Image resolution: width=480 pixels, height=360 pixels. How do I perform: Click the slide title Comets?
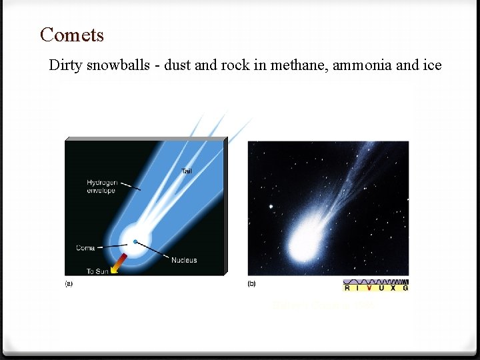pos(72,35)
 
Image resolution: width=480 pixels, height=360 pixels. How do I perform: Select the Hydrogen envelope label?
pos(101,186)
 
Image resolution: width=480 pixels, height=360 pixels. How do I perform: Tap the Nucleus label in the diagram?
pos(183,260)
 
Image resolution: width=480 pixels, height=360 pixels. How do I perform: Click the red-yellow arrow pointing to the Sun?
pos(118,263)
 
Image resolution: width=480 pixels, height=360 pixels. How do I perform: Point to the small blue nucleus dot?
pos(135,241)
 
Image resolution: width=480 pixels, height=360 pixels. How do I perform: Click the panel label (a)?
pos(69,284)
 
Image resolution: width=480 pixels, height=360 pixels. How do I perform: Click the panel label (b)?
pos(251,284)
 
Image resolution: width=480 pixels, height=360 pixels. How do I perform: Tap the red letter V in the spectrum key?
pos(369,287)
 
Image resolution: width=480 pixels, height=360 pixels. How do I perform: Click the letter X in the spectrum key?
pos(393,287)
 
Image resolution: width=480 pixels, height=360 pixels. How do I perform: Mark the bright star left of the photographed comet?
pos(271,206)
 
